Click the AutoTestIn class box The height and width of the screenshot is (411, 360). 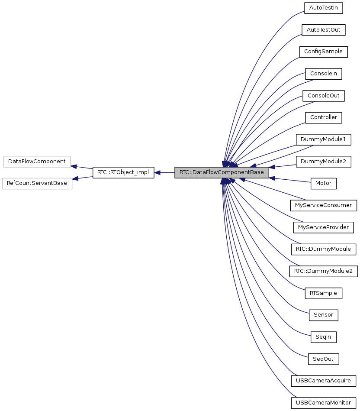[x=323, y=8]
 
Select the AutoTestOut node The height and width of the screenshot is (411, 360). [x=323, y=30]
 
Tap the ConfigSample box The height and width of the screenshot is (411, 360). [x=323, y=52]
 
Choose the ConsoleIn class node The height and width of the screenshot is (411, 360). [x=323, y=74]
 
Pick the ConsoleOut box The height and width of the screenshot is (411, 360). [x=323, y=96]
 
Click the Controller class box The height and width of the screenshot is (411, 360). [x=323, y=117]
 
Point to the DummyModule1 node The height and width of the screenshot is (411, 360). [x=323, y=139]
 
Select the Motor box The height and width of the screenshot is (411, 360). [x=323, y=183]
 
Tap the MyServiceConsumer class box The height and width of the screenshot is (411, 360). [x=323, y=205]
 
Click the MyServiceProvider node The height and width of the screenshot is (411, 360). [x=323, y=227]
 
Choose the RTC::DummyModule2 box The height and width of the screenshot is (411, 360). [x=323, y=271]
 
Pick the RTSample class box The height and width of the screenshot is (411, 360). [x=323, y=293]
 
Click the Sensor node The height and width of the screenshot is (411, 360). [x=323, y=315]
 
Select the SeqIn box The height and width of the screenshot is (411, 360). [x=323, y=337]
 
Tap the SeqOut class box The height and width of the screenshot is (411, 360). [x=323, y=359]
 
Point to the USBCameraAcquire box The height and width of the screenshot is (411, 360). [x=323, y=381]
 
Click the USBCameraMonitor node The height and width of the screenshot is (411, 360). [x=323, y=403]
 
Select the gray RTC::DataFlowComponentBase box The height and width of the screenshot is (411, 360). [x=222, y=172]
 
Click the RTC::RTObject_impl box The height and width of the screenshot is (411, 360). [x=123, y=172]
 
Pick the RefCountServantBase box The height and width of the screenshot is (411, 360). [x=37, y=183]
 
